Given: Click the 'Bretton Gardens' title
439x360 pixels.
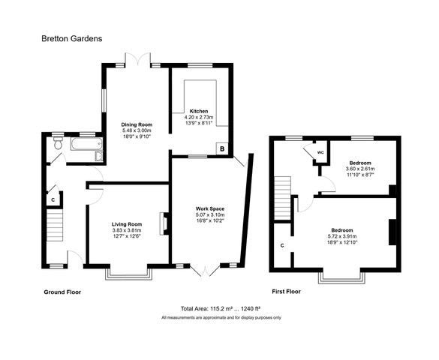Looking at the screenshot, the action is (x=72, y=38).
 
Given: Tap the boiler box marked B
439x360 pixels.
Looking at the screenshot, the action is (x=222, y=148).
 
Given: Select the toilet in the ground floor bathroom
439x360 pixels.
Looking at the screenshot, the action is (x=59, y=143).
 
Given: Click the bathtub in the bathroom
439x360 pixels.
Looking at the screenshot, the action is (x=86, y=144).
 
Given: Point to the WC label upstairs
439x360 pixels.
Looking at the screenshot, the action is (x=320, y=152).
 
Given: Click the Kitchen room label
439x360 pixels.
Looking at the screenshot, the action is (x=199, y=111).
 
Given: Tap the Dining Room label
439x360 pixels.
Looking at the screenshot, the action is (x=137, y=124).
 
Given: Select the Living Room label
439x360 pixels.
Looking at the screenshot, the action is (x=127, y=224).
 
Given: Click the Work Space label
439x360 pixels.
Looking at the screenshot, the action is (x=210, y=208).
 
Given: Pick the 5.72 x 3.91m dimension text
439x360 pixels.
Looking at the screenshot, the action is (x=342, y=236).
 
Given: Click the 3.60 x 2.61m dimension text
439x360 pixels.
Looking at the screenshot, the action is (x=360, y=169).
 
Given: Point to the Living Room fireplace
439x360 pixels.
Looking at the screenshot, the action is (x=164, y=223).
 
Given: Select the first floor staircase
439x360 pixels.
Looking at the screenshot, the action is (x=282, y=198).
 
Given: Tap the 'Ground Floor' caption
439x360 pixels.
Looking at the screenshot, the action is (x=62, y=292).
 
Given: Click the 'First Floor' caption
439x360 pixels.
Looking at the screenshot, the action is (x=287, y=292).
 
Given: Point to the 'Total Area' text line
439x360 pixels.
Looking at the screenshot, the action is (x=221, y=309).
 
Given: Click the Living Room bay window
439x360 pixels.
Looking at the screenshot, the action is (x=128, y=274).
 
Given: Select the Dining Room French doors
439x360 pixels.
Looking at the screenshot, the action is (x=138, y=59).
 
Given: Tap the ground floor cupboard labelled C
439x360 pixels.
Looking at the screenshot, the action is (x=53, y=199).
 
